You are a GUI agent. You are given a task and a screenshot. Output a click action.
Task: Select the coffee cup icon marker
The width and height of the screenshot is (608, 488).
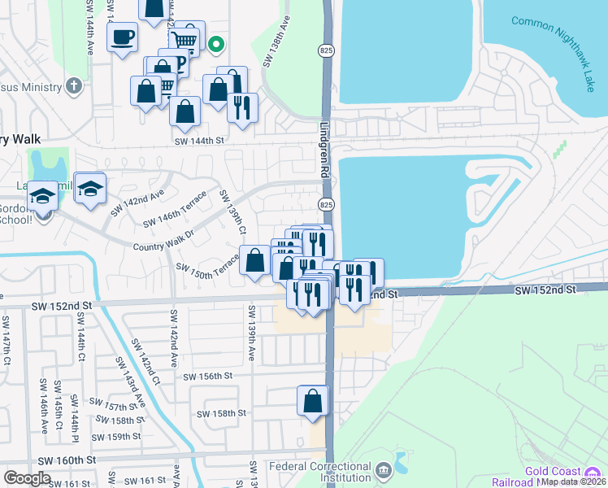(x=122, y=37)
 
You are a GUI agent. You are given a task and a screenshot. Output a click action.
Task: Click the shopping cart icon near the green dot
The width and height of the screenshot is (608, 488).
(x=186, y=38)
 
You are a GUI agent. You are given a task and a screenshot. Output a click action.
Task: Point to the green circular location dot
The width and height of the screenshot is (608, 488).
(x=215, y=46)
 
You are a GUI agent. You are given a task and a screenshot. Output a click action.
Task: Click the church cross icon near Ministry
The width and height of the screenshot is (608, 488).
(x=74, y=85)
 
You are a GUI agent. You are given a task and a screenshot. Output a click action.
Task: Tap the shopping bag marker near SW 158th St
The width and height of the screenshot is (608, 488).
(x=313, y=401)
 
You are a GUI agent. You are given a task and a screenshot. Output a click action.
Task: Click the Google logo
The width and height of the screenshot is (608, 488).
(x=27, y=478)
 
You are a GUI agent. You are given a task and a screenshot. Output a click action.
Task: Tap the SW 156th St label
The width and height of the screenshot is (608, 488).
(x=208, y=377)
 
